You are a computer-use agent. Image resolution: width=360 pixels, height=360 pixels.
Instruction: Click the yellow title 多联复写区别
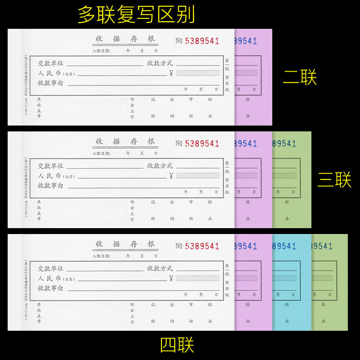tap(136, 14)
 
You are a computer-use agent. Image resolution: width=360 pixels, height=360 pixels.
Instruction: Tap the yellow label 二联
tap(300, 77)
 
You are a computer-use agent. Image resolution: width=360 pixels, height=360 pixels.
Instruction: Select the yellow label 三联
tap(334, 180)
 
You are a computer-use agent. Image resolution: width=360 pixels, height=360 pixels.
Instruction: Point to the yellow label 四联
tap(177, 345)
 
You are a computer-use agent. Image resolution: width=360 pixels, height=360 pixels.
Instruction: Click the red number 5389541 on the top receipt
tap(202, 41)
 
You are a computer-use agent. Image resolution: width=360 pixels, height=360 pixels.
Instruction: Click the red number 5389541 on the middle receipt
tap(202, 144)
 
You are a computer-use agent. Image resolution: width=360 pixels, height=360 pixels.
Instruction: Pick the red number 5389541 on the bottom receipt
tap(202, 246)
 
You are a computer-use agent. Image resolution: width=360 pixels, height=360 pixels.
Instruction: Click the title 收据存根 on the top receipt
tap(125, 39)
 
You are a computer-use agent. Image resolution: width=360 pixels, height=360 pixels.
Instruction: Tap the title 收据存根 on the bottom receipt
tap(125, 244)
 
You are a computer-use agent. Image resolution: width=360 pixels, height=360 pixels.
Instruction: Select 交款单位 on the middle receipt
tap(50, 166)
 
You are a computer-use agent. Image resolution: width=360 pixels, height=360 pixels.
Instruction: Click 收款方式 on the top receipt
tap(160, 63)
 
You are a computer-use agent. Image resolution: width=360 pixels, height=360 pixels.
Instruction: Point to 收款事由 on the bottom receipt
tap(50, 288)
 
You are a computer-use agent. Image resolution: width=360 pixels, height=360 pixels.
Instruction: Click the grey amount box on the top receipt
tap(198, 73)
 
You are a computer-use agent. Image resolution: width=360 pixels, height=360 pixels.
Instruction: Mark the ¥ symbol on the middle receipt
tap(171, 175)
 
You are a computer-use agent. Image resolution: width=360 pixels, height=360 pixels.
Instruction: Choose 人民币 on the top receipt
tap(49, 73)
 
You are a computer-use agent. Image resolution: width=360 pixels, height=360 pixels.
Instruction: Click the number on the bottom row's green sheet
tap(322, 247)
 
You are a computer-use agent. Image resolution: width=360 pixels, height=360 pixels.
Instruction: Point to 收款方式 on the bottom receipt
tap(160, 268)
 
